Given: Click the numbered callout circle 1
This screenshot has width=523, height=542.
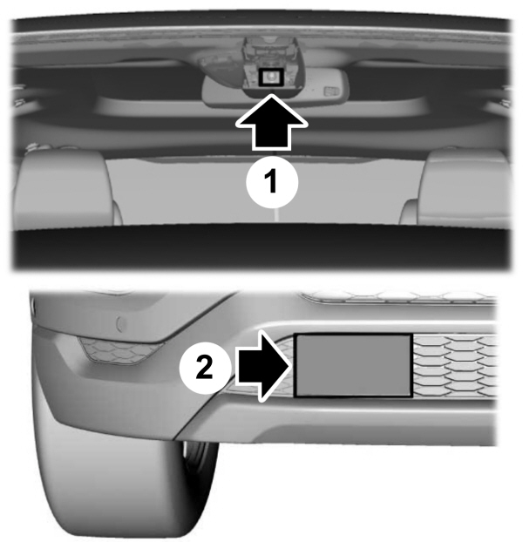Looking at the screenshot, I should (271, 182).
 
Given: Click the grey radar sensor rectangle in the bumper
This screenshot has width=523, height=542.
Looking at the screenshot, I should (353, 366).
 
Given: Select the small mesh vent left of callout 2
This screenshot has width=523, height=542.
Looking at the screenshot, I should (120, 353).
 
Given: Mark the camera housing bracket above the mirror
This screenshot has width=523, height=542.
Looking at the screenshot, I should (271, 57).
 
